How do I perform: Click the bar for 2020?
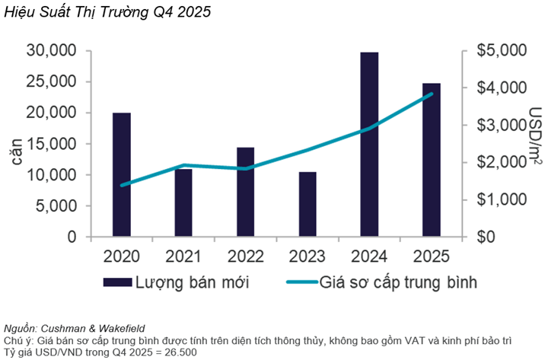point(122,175)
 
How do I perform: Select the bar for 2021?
point(183,203)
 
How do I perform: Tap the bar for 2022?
point(245,192)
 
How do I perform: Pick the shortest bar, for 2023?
point(307,205)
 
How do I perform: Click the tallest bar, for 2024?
point(369,145)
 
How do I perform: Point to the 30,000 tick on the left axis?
point(52,51)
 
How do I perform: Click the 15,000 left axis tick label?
point(52,144)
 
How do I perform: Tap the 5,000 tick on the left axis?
point(56,206)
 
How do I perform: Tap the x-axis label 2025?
point(431,256)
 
